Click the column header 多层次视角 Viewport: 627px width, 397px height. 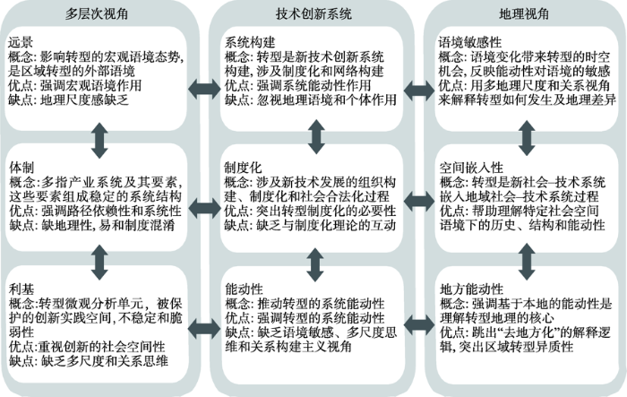click(x=97, y=14)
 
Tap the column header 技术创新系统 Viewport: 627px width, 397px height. click(x=313, y=14)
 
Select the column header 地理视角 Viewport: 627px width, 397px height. click(x=524, y=14)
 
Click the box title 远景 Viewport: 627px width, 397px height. click(x=21, y=42)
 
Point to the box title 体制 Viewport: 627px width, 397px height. click(x=21, y=168)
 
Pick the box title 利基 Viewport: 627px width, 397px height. click(x=21, y=289)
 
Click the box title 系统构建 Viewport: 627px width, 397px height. click(x=250, y=42)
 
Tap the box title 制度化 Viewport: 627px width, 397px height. click(x=243, y=168)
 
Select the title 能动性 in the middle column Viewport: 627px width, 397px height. click(x=244, y=289)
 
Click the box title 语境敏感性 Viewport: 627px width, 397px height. click(x=470, y=42)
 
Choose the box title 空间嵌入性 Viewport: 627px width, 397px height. click(x=471, y=168)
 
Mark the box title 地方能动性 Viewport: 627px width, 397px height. click(x=471, y=289)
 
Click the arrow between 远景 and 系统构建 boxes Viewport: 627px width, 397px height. click(x=204, y=89)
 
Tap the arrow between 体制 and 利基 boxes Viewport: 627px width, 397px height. click(x=99, y=263)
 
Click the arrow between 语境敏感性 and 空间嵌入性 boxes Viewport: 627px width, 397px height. click(x=527, y=138)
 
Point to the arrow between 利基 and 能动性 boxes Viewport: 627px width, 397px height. click(x=204, y=329)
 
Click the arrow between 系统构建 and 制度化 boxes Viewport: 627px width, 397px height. click(x=316, y=136)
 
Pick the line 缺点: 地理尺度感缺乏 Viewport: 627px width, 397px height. click(x=68, y=100)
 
